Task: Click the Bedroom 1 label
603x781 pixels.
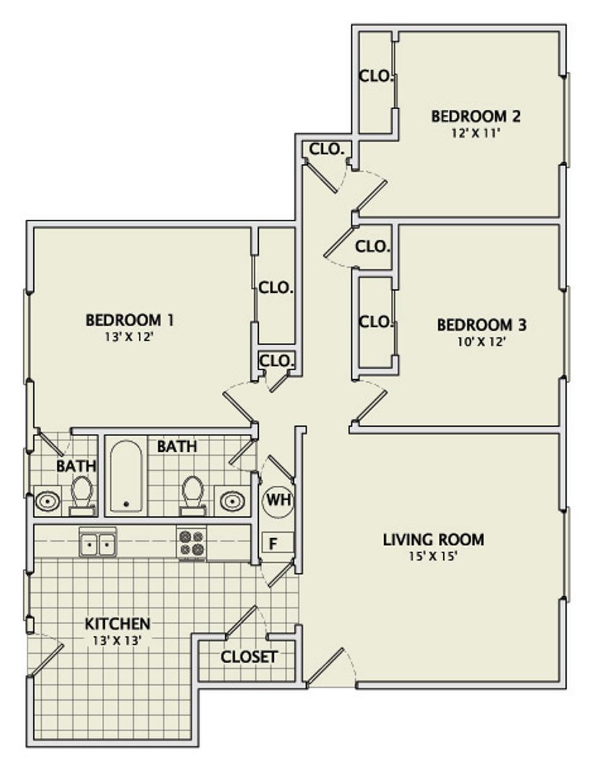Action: [129, 320]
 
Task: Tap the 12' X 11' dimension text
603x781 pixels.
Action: [476, 134]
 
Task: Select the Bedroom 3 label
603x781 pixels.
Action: [482, 325]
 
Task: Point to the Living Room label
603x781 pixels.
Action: [433, 539]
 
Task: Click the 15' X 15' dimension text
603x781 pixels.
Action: [433, 556]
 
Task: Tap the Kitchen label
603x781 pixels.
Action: [118, 623]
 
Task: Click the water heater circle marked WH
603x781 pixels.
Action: [278, 500]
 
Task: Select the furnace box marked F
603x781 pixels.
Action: [278, 542]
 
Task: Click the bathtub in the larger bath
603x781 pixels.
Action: [126, 476]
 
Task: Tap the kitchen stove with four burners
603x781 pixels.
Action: [192, 542]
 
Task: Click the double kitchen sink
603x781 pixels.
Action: [98, 543]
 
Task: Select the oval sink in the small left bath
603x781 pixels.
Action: [47, 500]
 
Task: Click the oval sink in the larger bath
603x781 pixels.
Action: [232, 500]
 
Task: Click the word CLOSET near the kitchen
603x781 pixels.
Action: [249, 657]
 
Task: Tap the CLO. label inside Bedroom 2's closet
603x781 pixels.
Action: [377, 76]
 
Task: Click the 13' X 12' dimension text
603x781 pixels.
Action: [127, 337]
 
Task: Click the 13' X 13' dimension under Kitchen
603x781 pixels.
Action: [118, 641]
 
